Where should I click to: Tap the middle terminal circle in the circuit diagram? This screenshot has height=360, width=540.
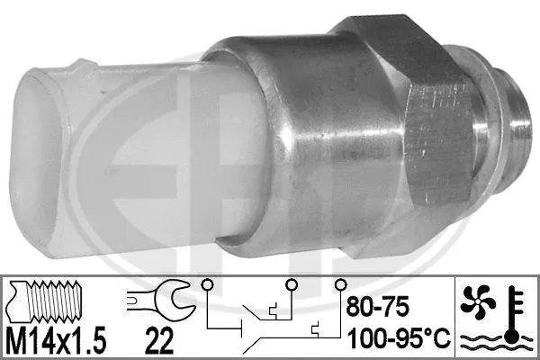pyautogui.click(x=290, y=285)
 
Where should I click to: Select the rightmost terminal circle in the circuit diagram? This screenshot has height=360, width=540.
pyautogui.click(x=340, y=285)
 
